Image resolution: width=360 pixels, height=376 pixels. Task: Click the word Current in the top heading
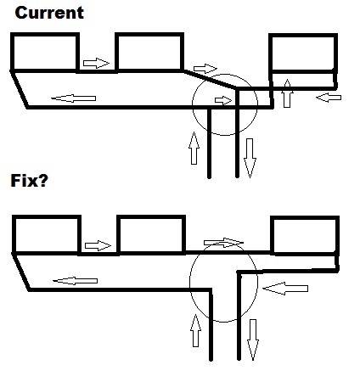pos(49,13)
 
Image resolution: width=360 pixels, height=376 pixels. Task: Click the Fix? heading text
pos(29,181)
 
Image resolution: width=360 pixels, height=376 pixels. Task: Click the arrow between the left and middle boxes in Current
pos(96,63)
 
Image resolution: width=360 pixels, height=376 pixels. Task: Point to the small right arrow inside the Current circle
pos(223,100)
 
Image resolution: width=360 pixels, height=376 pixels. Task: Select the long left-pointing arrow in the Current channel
pos(74,98)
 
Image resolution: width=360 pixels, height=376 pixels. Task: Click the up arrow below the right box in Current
pos(287,93)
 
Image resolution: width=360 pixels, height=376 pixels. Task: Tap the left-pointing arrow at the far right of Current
pos(329,98)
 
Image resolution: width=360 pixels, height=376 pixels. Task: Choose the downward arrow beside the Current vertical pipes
pos(250,158)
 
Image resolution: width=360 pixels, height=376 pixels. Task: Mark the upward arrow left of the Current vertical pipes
pos(194,148)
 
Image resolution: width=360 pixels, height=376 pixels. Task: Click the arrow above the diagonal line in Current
pos(205,69)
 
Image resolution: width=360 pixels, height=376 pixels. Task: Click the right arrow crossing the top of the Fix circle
pos(223,243)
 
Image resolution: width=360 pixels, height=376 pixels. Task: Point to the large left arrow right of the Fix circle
pos(285,289)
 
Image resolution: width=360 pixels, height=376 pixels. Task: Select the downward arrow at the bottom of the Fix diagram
pos(253,340)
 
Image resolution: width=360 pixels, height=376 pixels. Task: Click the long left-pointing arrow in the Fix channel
pos(76,281)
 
